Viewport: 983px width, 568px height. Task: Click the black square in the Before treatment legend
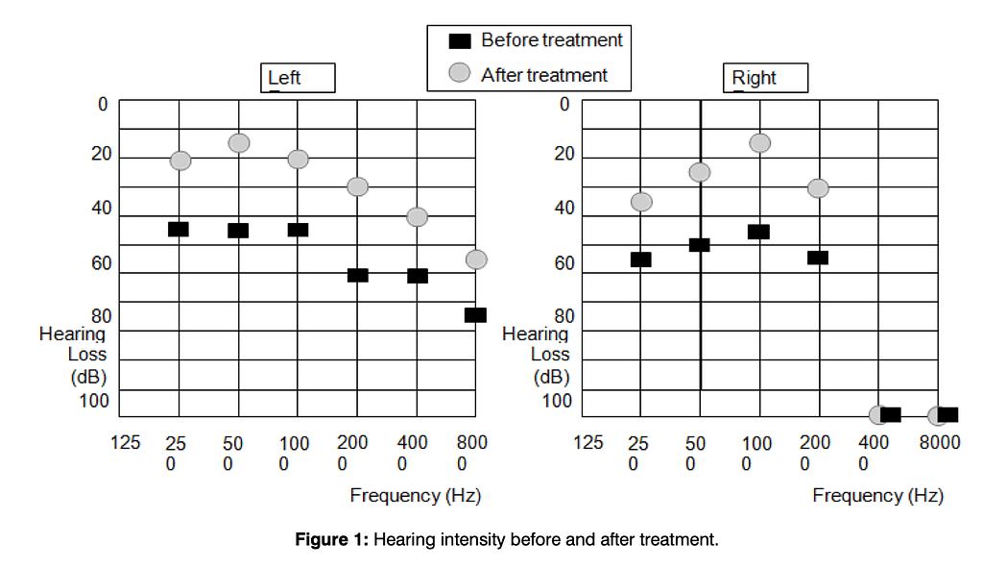pyautogui.click(x=461, y=40)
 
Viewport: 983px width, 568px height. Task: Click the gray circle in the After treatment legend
pyautogui.click(x=461, y=74)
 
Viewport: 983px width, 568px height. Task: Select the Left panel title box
pyautogui.click(x=299, y=78)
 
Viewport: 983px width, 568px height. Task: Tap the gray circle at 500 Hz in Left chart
pyautogui.click(x=239, y=142)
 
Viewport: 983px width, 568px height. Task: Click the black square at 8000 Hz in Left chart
pyautogui.click(x=475, y=314)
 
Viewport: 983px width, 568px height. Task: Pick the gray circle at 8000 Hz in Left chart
pyautogui.click(x=476, y=259)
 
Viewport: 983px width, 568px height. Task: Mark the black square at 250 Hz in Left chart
pyautogui.click(x=179, y=229)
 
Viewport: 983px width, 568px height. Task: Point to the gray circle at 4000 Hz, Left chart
pyautogui.click(x=417, y=216)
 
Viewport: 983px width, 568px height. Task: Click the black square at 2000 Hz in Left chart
pyautogui.click(x=357, y=275)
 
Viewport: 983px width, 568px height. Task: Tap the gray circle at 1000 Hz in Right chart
pyautogui.click(x=759, y=142)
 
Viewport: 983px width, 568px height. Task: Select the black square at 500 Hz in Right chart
pyautogui.click(x=700, y=245)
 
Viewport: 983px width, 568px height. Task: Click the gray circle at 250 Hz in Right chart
pyautogui.click(x=641, y=202)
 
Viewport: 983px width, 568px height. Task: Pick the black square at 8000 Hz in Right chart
pyautogui.click(x=947, y=414)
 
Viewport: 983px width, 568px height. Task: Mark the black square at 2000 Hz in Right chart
pyautogui.click(x=818, y=257)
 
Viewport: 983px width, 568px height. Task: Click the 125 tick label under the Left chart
pyautogui.click(x=126, y=442)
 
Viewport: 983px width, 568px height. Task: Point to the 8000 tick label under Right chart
pyautogui.click(x=939, y=442)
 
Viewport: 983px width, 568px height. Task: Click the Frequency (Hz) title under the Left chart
pyautogui.click(x=415, y=496)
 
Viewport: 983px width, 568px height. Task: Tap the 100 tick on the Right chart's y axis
pyautogui.click(x=558, y=401)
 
